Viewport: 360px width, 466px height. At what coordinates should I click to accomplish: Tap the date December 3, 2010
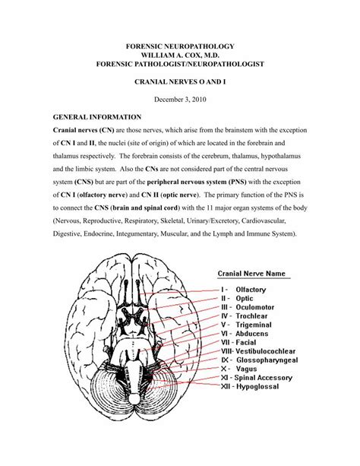click(x=179, y=99)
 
